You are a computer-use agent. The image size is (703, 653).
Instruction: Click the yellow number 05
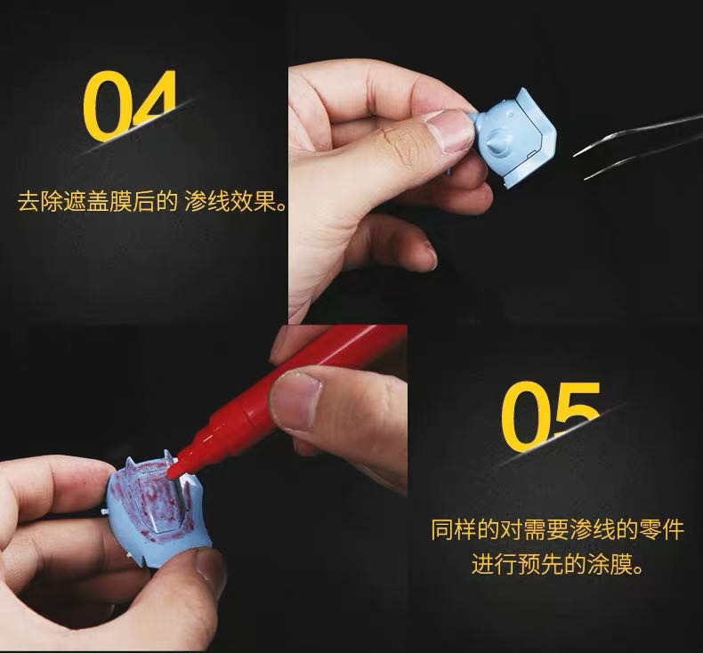(x=551, y=416)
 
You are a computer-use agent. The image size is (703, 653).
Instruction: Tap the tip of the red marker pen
(x=171, y=472)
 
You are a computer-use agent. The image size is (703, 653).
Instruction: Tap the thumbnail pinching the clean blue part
(x=449, y=130)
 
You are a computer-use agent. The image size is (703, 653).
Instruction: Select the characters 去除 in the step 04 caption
(x=40, y=202)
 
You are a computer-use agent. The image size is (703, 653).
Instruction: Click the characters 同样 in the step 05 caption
(x=454, y=529)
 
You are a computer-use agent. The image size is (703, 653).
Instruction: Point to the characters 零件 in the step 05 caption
(x=661, y=529)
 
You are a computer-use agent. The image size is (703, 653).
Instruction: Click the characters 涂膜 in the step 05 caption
(x=610, y=564)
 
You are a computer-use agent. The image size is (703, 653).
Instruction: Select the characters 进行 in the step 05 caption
(x=494, y=564)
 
